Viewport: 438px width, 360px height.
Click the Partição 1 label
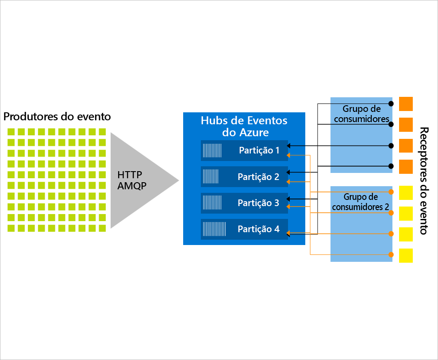259,150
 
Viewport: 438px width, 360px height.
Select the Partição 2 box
244,176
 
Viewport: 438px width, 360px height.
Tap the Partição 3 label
258,203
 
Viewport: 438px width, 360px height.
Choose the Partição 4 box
244,229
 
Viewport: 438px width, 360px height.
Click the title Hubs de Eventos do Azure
244,126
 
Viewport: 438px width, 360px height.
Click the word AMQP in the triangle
132,186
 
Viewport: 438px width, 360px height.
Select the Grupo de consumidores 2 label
361,202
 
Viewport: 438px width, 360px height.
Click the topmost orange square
406,103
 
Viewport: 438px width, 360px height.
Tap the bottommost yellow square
406,255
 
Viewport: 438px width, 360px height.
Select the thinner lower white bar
58,122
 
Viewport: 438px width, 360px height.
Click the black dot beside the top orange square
391,103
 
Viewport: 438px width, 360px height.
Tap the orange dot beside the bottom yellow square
391,254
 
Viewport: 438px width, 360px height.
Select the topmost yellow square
406,192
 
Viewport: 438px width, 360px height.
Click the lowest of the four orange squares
406,167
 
